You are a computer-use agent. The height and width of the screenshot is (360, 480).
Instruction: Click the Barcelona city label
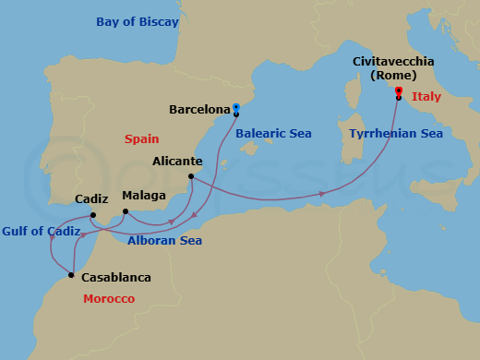(199, 110)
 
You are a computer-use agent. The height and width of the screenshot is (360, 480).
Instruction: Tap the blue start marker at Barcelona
(236, 107)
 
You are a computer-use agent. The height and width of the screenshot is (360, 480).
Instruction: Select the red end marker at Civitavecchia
(398, 91)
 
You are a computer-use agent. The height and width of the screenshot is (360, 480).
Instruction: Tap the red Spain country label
(143, 138)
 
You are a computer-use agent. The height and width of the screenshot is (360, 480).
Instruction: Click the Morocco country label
(109, 299)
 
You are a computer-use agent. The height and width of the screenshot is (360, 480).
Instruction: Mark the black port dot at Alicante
(190, 175)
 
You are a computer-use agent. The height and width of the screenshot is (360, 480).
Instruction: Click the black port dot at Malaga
(126, 212)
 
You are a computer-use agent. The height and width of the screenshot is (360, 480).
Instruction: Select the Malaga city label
(144, 197)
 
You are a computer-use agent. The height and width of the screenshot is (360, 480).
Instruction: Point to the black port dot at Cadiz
(93, 215)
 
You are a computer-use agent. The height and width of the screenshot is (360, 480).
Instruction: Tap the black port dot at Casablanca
(71, 274)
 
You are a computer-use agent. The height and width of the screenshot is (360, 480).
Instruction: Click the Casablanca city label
(115, 276)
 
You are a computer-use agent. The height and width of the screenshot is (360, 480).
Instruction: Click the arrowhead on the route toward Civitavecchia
(321, 193)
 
